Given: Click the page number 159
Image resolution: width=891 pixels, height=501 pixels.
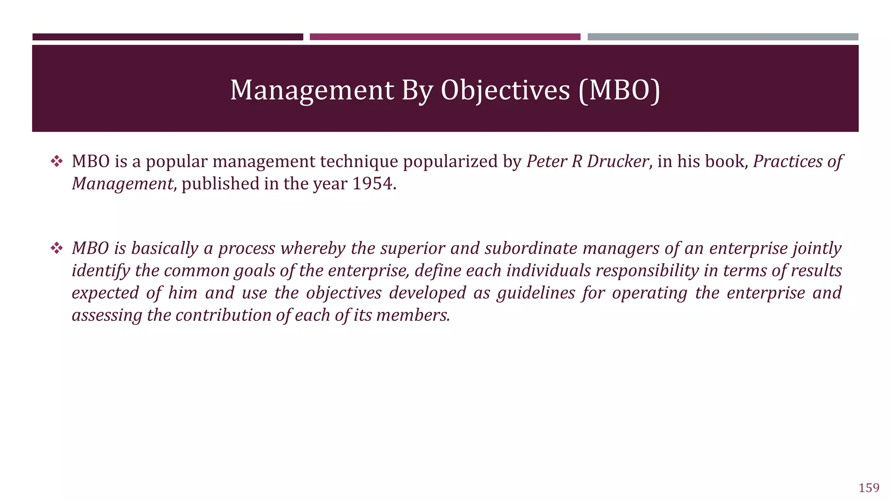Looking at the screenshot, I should coord(869,488).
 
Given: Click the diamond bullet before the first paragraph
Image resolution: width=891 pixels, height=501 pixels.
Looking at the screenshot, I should coord(57,162).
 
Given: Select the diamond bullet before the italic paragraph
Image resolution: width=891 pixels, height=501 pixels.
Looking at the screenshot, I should coord(57,249).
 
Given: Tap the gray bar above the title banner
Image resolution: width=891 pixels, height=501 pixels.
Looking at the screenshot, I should coord(723,37).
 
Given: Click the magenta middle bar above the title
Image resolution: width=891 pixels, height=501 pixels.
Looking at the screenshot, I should coord(445,37).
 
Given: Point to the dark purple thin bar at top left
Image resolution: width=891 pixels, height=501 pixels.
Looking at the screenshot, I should coord(167,37).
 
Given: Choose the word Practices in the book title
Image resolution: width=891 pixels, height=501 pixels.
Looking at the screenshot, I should coord(788,161).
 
